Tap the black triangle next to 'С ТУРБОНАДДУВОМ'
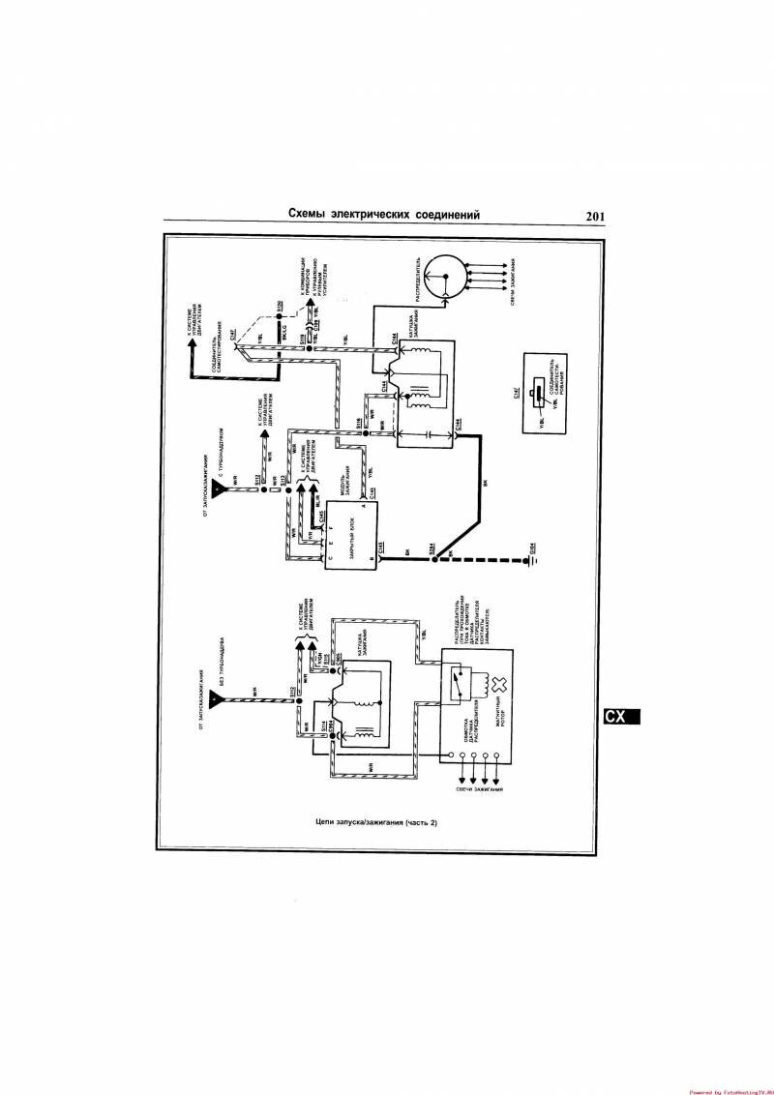point(221,490)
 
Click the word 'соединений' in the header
point(444,215)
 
